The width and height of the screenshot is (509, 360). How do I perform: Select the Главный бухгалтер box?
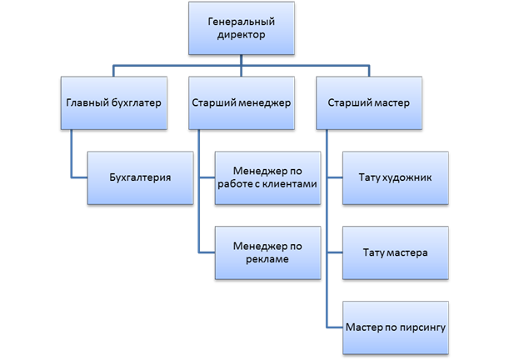[x=112, y=103]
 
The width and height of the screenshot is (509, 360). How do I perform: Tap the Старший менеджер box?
[x=240, y=103]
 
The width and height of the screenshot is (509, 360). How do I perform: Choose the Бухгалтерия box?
[x=141, y=178]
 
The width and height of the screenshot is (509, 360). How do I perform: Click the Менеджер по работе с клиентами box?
[x=267, y=178]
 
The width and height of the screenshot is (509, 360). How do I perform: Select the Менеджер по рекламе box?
[x=267, y=252]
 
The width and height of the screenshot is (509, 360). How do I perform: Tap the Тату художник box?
[x=395, y=178]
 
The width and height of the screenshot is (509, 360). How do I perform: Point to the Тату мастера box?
[x=395, y=252]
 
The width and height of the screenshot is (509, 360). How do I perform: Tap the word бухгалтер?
[x=132, y=103]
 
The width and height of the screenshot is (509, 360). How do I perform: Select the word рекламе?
[x=267, y=260]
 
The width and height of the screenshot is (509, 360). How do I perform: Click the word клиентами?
[x=292, y=186]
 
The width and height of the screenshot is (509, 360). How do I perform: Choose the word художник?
[x=407, y=178]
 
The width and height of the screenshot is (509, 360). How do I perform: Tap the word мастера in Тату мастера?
[x=407, y=252]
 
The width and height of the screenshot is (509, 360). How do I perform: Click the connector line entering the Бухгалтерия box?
[x=78, y=178]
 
